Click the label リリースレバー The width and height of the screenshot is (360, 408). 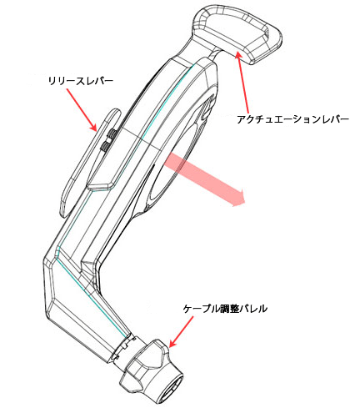(x=81, y=81)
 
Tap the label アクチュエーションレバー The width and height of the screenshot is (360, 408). (x=292, y=119)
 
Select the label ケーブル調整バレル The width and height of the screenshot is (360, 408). (x=225, y=309)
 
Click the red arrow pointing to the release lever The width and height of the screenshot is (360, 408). (x=82, y=110)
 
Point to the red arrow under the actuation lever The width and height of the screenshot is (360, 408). (x=242, y=81)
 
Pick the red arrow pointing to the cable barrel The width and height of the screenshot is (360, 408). (x=181, y=332)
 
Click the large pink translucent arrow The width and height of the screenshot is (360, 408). (x=204, y=178)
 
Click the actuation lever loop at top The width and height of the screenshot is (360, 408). (x=236, y=33)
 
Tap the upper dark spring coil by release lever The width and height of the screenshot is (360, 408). (x=112, y=133)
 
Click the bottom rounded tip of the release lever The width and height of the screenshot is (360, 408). (x=64, y=211)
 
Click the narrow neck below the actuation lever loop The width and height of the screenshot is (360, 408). (x=215, y=53)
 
